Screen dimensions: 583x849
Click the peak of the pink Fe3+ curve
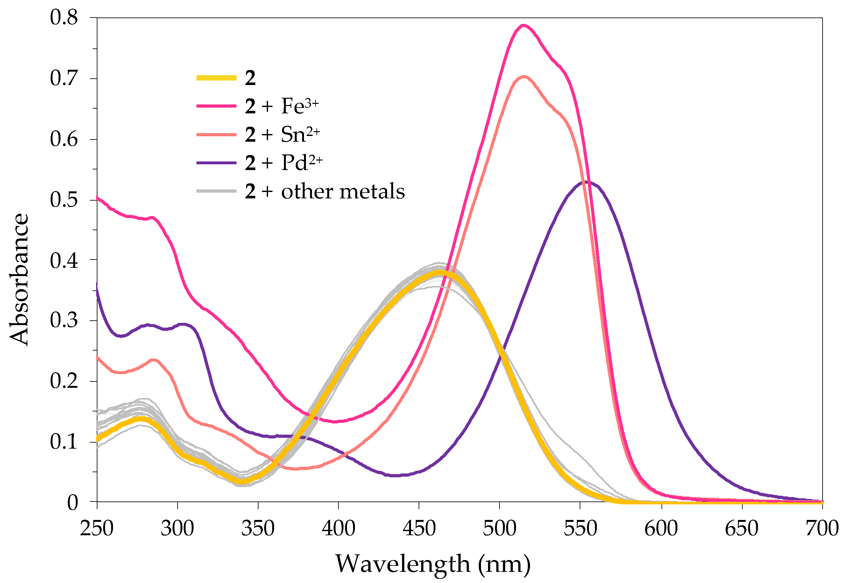(523, 25)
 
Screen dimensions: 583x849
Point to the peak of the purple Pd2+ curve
(586, 181)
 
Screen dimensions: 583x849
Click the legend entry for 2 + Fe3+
(281, 106)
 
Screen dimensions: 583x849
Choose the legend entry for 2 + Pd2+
(283, 163)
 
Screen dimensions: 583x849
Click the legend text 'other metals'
(343, 191)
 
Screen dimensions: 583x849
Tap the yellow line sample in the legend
(216, 77)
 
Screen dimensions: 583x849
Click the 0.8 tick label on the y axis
(64, 17)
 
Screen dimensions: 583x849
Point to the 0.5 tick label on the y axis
(64, 200)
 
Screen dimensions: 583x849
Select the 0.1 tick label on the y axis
(64, 442)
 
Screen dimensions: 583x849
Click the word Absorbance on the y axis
(19, 280)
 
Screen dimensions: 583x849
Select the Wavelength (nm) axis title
(433, 564)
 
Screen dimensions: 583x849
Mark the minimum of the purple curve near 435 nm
(395, 476)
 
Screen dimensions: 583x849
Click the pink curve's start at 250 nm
(97, 198)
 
